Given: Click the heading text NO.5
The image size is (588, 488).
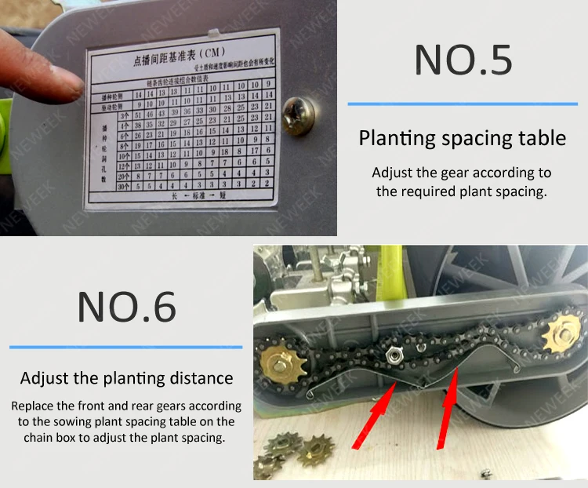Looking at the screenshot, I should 463,60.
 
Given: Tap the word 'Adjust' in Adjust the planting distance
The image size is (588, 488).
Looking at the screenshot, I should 45,378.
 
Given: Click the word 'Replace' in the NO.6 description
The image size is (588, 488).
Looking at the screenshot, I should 35,406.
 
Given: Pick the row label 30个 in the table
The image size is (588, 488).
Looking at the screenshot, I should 122,186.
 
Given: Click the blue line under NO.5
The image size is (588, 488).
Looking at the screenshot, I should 462,104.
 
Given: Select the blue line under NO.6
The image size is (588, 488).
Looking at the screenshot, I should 125,347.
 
